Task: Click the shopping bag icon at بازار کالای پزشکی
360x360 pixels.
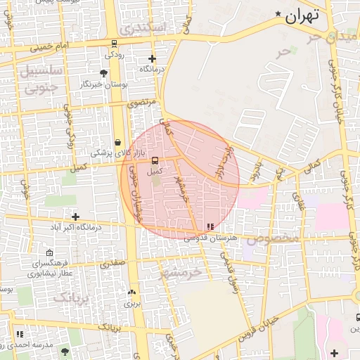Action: point(117,141)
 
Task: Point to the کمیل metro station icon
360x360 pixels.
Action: point(155,160)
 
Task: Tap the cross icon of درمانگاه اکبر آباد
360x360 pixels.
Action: point(75,217)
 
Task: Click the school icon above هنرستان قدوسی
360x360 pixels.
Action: point(209,226)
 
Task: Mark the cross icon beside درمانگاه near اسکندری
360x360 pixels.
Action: point(152,58)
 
